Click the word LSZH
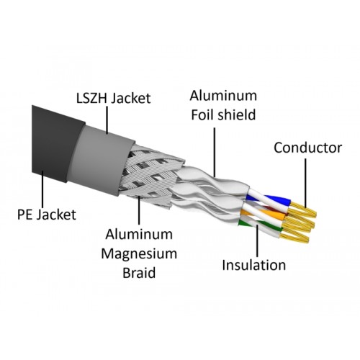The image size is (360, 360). tap(92, 98)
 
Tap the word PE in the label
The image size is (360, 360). tap(24, 215)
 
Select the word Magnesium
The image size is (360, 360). tap(139, 254)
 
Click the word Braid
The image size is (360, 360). tap(139, 273)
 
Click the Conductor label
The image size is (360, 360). tap(308, 148)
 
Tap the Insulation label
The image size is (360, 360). tap(254, 265)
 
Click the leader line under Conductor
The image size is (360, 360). tap(305, 183)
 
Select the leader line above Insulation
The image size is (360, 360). tap(258, 240)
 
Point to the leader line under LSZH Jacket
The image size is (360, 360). tap(107, 120)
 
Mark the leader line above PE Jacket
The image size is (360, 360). tap(43, 189)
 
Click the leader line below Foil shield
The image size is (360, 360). tap(215, 152)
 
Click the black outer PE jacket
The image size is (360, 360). tap(58, 143)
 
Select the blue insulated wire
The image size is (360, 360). tap(269, 199)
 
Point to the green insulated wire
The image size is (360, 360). tap(261, 225)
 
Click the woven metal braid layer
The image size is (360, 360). tap(149, 174)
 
